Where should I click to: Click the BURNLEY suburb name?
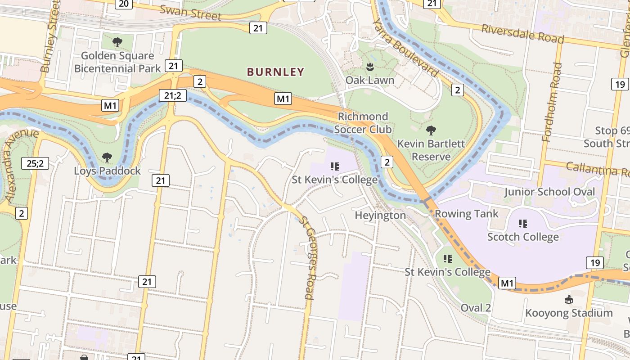click(x=275, y=72)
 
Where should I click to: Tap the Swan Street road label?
click(x=190, y=13)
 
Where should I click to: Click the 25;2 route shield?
click(x=35, y=163)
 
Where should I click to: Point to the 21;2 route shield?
click(x=173, y=95)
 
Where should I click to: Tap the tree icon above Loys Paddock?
click(x=107, y=157)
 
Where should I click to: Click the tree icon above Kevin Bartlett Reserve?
click(x=431, y=130)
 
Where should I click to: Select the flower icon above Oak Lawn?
click(x=370, y=67)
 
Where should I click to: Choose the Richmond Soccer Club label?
click(x=363, y=123)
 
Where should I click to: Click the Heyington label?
click(x=380, y=216)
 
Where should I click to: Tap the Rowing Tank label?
click(x=466, y=214)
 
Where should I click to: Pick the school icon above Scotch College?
click(x=522, y=223)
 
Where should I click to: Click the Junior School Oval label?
click(x=549, y=192)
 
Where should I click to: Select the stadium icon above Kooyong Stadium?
click(x=569, y=299)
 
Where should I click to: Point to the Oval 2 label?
click(x=476, y=308)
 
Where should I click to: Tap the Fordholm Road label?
click(x=552, y=102)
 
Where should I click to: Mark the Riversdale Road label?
click(x=522, y=34)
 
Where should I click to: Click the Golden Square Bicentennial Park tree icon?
click(x=117, y=42)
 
